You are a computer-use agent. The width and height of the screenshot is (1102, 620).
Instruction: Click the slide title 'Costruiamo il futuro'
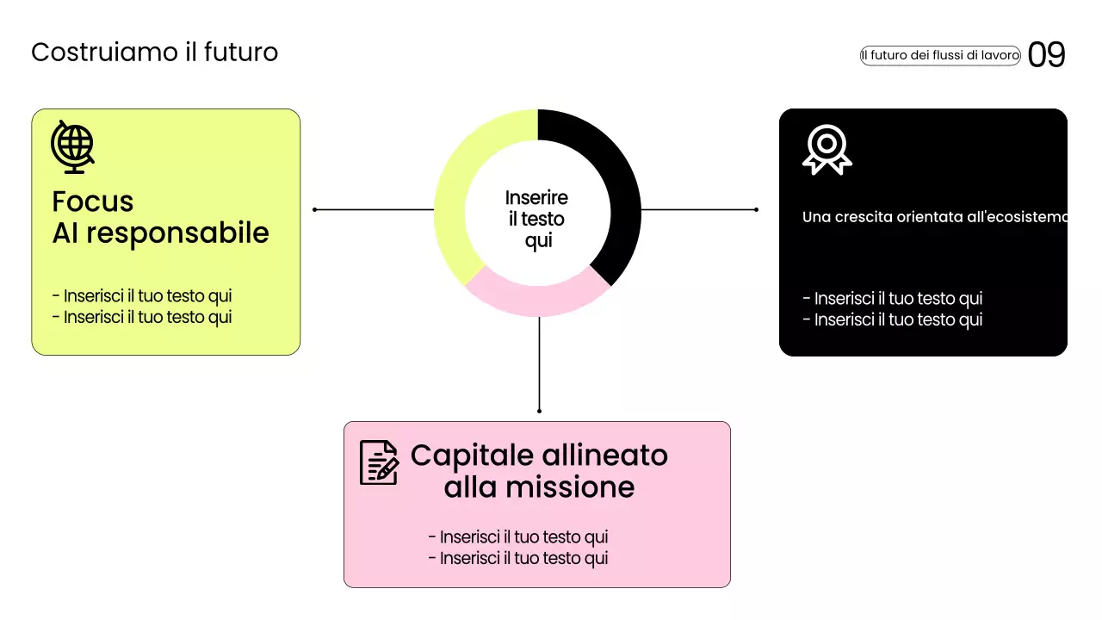pyautogui.click(x=155, y=53)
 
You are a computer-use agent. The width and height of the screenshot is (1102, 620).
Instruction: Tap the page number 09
pyautogui.click(x=1047, y=55)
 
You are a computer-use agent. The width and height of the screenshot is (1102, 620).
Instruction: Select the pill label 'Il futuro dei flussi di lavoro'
pyautogui.click(x=940, y=55)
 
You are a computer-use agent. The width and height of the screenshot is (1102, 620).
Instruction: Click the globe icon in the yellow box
pyautogui.click(x=72, y=146)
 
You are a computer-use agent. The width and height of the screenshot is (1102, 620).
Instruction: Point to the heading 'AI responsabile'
pyautogui.click(x=160, y=232)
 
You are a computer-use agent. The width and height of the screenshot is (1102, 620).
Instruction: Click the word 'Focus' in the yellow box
pyautogui.click(x=93, y=201)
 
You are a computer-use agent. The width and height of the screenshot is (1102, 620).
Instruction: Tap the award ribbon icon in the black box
pyautogui.click(x=826, y=150)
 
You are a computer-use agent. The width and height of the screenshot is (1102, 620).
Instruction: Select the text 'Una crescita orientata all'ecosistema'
pyautogui.click(x=934, y=217)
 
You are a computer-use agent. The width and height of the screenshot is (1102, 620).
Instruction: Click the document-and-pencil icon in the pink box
pyautogui.click(x=379, y=462)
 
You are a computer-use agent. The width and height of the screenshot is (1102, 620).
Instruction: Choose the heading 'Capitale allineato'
pyautogui.click(x=539, y=455)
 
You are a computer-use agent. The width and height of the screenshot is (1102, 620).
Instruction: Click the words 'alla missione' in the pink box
pyautogui.click(x=539, y=487)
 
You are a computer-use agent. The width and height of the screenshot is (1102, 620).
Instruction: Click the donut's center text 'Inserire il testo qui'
pyautogui.click(x=537, y=220)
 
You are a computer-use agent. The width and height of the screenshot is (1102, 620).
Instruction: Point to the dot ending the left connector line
pyautogui.click(x=315, y=209)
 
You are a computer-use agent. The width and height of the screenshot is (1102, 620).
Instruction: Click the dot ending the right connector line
pyautogui.click(x=756, y=209)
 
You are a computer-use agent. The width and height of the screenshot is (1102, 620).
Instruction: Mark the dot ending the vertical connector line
pyautogui.click(x=539, y=411)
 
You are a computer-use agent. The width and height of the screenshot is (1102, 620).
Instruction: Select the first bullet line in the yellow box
pyautogui.click(x=142, y=296)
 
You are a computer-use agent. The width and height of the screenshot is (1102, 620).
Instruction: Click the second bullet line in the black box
pyautogui.click(x=892, y=320)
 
